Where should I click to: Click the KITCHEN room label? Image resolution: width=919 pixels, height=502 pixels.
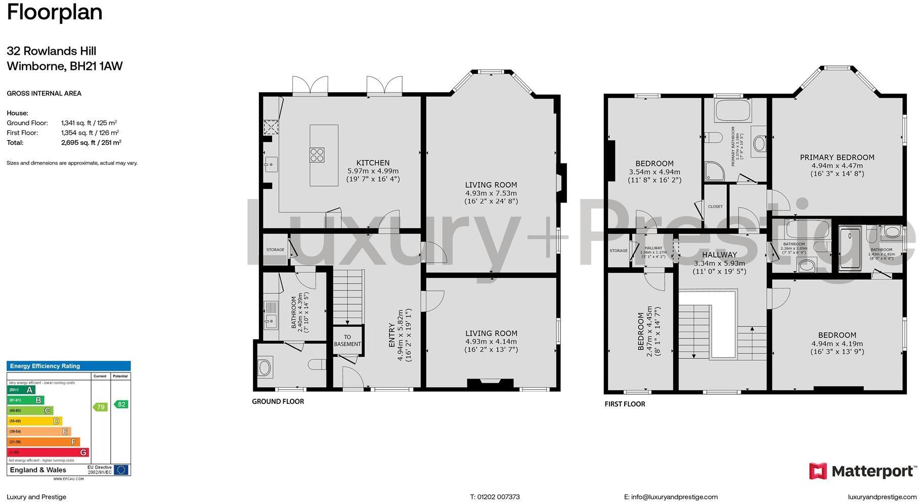coord(373,163)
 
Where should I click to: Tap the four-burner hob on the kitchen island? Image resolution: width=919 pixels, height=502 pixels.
coord(317,154)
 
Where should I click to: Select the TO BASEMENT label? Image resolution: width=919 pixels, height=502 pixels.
coord(347,341)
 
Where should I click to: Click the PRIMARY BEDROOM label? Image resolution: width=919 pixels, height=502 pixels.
coord(837,157)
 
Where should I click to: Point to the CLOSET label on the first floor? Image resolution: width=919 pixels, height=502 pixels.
coord(715,206)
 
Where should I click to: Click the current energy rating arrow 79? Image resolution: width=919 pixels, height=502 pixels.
coord(100,407)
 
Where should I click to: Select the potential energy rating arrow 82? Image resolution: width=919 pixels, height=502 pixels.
coord(121,404)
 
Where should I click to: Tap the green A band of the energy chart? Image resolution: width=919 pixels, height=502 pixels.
coord(21,390)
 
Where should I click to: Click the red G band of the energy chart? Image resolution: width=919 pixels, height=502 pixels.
coord(48,452)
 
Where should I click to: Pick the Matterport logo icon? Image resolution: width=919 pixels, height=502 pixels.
coord(818,471)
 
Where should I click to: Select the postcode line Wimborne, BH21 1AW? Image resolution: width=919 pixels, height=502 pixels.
coord(65,66)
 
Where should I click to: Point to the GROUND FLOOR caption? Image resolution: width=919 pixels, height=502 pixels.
coord(278,401)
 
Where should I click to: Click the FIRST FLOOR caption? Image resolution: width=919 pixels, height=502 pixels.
coord(625,404)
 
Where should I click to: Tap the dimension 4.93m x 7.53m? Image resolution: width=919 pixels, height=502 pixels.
coord(491,193)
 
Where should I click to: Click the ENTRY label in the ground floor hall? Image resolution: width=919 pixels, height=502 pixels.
coord(391,335)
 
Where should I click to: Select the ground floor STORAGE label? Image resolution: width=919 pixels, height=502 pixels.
coord(275,249)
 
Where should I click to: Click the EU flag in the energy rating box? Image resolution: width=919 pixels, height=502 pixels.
coord(121,470)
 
